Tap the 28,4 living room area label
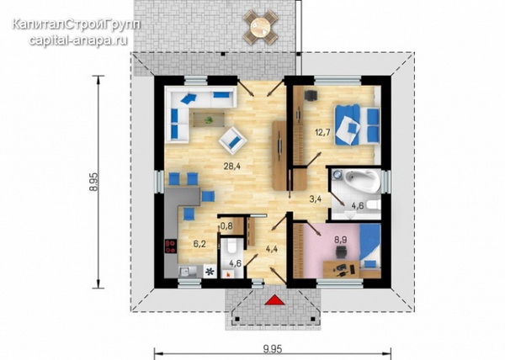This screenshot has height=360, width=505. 232,167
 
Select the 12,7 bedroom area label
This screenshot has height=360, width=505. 322,132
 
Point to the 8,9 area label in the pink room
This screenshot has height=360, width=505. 341,239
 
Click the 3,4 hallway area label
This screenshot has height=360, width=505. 316,199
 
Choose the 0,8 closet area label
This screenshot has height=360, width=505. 226,226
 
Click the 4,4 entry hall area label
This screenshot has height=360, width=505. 272,249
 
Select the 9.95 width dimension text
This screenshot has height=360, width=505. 273,349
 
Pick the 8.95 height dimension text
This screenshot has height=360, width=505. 93,182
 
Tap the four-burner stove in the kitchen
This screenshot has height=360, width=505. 171,246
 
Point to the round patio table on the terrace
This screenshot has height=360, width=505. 260,27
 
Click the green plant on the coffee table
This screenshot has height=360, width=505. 209,120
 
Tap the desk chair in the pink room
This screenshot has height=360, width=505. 341,251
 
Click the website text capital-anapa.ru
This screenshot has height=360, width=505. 77,40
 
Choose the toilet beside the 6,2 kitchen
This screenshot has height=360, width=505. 231,246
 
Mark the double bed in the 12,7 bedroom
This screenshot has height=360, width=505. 358,124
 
